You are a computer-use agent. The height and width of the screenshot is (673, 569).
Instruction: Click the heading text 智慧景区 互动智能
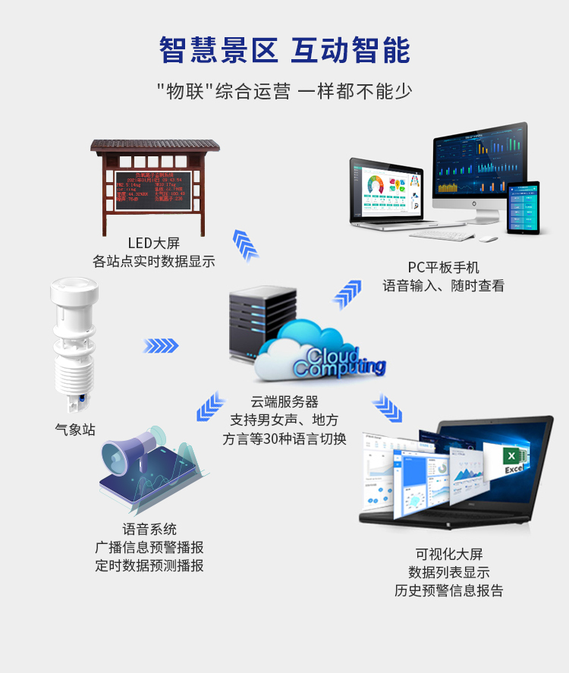(x=284, y=50)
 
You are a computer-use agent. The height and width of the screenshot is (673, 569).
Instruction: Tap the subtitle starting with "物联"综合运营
(x=284, y=92)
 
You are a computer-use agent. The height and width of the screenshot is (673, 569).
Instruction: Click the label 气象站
(x=76, y=429)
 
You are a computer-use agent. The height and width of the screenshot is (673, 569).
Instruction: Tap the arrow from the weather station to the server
(x=161, y=346)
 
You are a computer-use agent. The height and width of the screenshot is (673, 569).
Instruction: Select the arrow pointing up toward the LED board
(x=245, y=244)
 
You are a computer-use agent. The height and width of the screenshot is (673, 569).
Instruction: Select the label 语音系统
(x=149, y=529)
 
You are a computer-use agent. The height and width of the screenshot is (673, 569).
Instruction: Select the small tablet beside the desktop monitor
(x=523, y=206)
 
